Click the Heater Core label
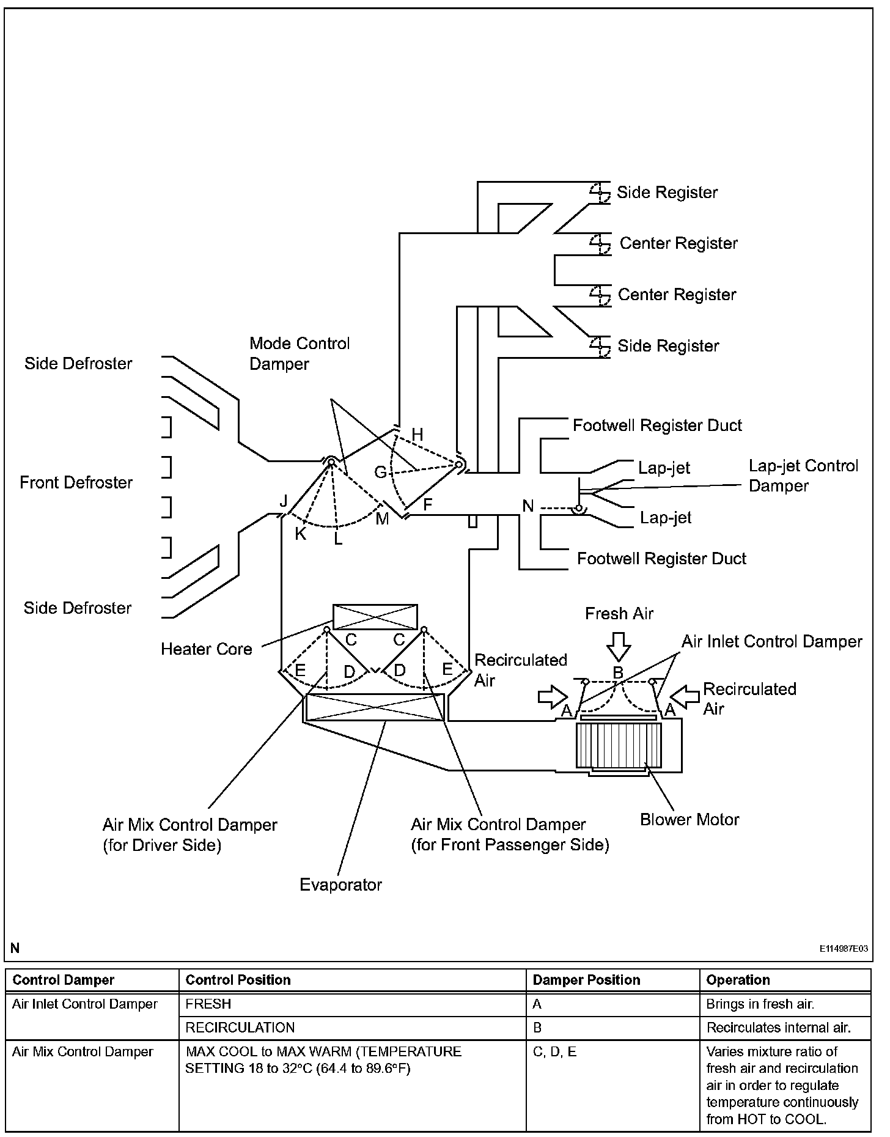coord(206,649)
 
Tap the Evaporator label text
coord(340,885)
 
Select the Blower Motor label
coord(690,820)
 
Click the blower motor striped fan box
coord(619,745)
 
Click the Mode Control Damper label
coord(299,354)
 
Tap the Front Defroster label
coord(76,482)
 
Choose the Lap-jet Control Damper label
coord(803,476)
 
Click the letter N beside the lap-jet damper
coord(528,506)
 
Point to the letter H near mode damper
coord(417,435)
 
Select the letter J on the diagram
coord(283,502)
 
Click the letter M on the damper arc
coord(382,519)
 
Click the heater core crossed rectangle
coord(375,617)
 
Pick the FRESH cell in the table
coord(208,1004)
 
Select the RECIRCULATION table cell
coord(240,1028)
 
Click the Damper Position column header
coord(586,980)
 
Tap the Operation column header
coord(738,980)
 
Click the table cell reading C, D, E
coord(554,1052)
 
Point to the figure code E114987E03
coord(844,949)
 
